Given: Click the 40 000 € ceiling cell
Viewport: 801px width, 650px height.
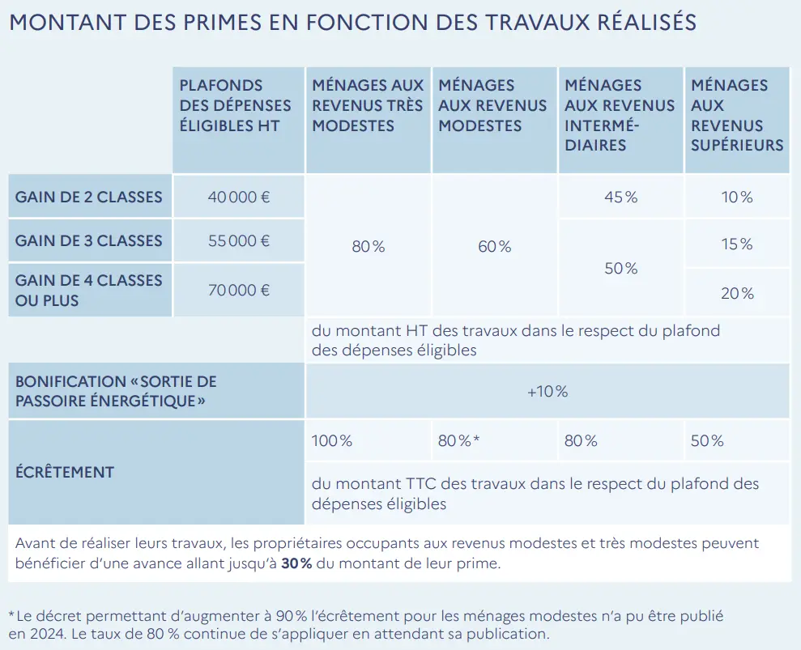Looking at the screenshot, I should [x=239, y=197].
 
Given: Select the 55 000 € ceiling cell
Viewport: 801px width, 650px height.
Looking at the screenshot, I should [x=239, y=240].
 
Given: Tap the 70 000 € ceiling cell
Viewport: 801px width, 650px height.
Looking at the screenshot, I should [x=239, y=290].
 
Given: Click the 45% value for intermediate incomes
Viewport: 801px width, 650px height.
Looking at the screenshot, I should [x=620, y=197].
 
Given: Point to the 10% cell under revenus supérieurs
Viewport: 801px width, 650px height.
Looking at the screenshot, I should [x=737, y=197].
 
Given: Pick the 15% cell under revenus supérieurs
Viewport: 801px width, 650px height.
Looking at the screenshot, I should [x=737, y=244].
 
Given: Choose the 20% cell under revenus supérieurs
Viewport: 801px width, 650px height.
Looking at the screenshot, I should [x=737, y=293].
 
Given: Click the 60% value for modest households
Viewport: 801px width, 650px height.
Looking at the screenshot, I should [x=495, y=246].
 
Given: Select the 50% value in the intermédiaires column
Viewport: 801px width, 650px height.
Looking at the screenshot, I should [x=620, y=268].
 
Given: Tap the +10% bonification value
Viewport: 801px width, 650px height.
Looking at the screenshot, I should [x=547, y=392].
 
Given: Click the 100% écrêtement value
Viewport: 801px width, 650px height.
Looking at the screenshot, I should [x=332, y=441].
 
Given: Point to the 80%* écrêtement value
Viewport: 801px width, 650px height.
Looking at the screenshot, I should [x=459, y=441].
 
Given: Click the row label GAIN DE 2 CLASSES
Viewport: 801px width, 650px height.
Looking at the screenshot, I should [x=88, y=197].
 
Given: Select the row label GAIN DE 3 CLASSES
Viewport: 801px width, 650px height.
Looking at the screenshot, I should [x=88, y=240].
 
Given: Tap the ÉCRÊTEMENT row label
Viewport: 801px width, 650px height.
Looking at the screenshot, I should [x=65, y=472].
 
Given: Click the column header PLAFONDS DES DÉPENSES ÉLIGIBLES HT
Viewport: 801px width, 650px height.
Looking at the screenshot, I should [x=235, y=105].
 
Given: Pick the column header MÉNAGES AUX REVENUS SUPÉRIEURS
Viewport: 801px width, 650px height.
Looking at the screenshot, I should [x=737, y=115].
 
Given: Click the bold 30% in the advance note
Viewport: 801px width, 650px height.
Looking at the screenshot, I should [x=296, y=563].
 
